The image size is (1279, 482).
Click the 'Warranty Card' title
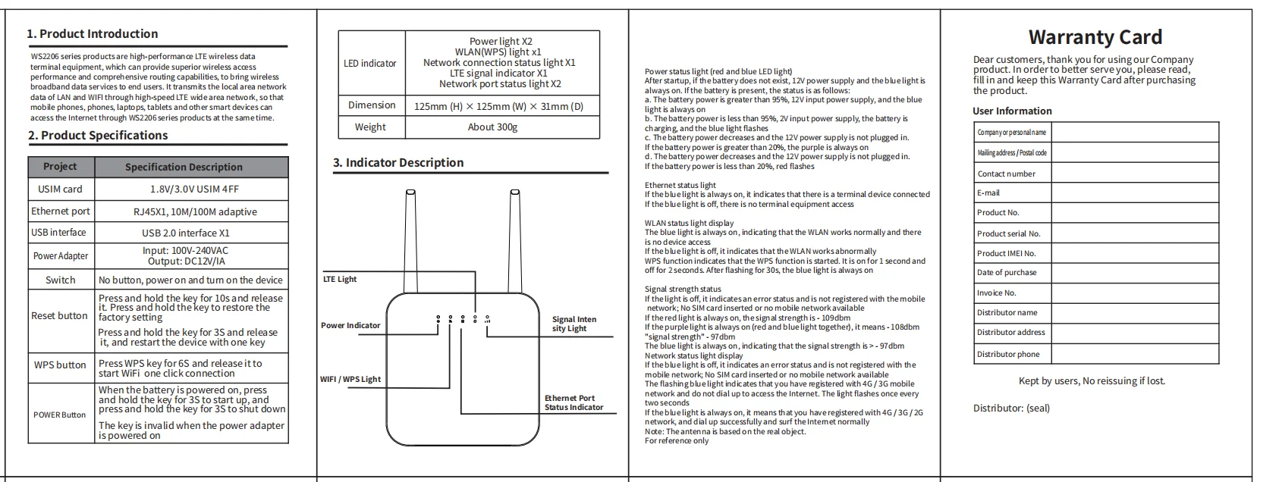click(x=1095, y=37)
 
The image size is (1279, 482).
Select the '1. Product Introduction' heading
click(x=92, y=34)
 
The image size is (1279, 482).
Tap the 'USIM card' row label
click(x=60, y=189)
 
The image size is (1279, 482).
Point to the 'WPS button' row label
click(x=60, y=365)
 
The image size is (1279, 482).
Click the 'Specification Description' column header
click(x=184, y=167)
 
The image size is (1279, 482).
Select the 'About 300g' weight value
click(x=492, y=127)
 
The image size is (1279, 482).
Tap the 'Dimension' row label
click(x=372, y=105)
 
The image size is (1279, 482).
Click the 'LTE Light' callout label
click(x=340, y=280)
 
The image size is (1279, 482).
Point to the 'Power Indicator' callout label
click(x=350, y=326)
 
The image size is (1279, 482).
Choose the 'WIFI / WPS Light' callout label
click(x=350, y=380)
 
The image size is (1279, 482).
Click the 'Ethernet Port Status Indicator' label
click(x=574, y=402)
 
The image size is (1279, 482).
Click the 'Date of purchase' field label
click(x=1007, y=273)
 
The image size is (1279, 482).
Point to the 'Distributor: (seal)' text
click(x=1011, y=408)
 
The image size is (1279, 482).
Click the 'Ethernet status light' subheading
click(x=680, y=185)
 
